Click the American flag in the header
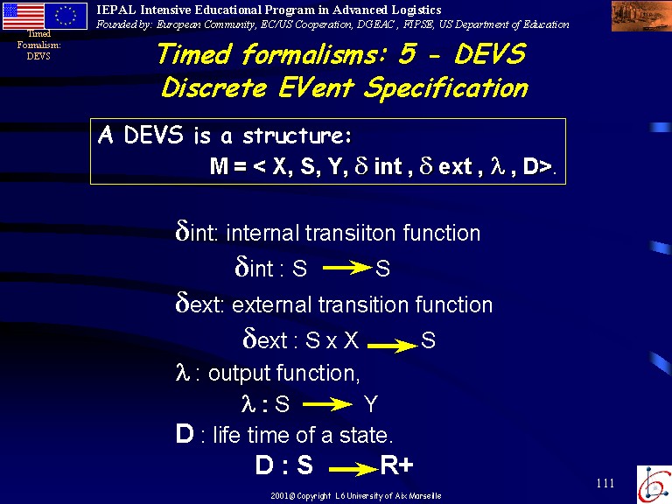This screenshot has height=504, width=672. point(24,16)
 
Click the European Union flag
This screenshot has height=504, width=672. point(66,16)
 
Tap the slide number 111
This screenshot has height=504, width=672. point(605,483)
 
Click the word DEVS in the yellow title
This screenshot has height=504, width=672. point(490,54)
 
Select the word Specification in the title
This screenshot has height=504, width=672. point(446,88)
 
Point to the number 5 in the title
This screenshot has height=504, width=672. point(408,54)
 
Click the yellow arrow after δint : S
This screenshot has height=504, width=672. point(347,268)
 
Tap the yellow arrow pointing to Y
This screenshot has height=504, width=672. point(327,404)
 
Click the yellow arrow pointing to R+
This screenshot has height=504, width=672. point(354,469)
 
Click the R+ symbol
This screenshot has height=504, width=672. point(397,465)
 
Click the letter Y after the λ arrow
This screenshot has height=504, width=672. point(371,404)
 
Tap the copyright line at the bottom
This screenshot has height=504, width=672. point(356,496)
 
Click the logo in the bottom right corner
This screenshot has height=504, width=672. point(654,484)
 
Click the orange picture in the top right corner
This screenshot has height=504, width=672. point(641,16)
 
